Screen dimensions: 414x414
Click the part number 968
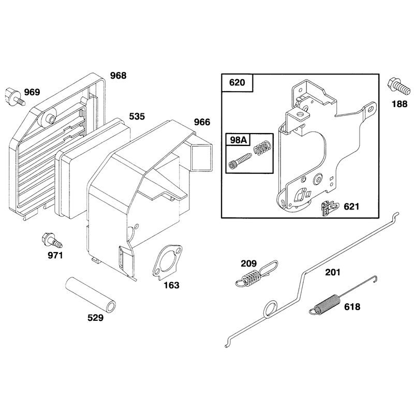119,76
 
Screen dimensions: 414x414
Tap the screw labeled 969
15,97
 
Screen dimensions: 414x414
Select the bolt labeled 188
398,87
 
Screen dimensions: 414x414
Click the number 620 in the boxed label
237,83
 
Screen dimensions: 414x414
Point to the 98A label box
238,140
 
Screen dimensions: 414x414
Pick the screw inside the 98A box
240,161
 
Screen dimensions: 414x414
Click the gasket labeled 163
168,261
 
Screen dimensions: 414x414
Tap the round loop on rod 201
270,309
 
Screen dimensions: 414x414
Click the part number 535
137,116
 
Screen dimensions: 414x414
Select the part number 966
202,122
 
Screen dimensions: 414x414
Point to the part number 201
332,272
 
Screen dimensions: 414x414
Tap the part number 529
96,318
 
